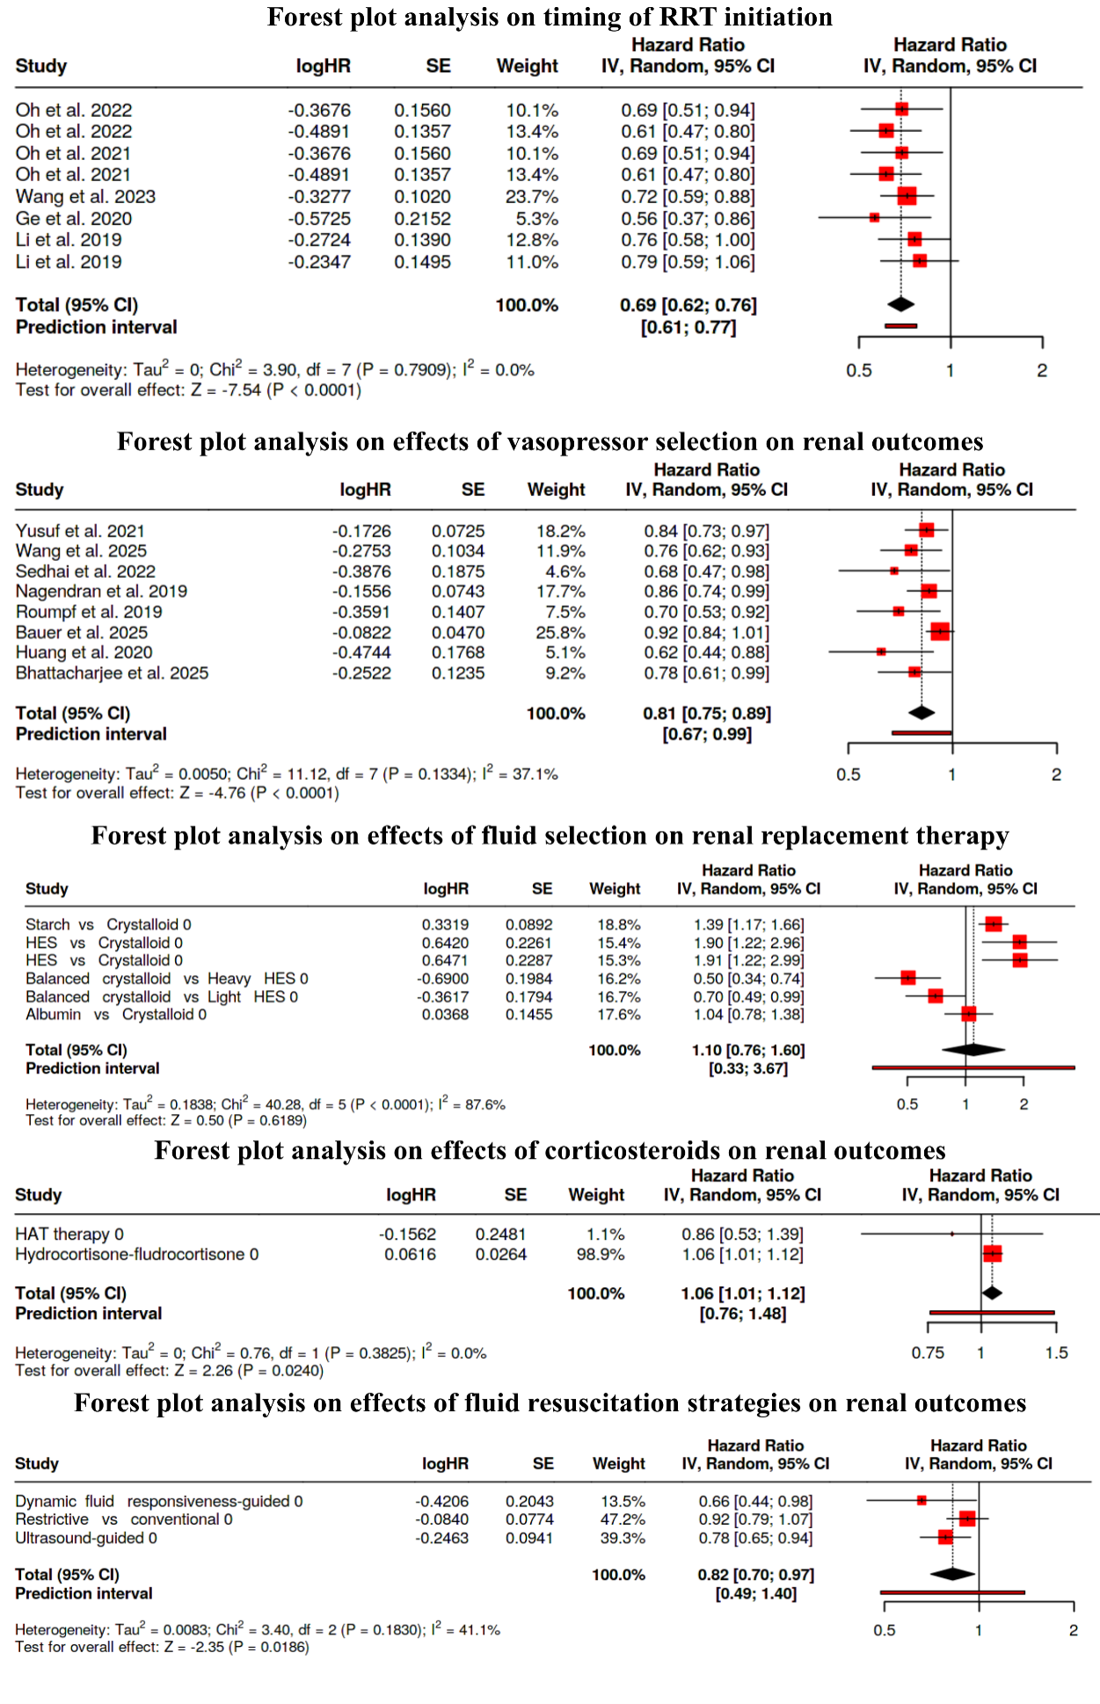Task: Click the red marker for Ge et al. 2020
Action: click(874, 217)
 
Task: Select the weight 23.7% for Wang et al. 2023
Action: click(532, 196)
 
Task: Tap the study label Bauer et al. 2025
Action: click(82, 632)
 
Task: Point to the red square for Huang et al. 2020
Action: click(881, 652)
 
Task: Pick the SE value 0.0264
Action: click(501, 1254)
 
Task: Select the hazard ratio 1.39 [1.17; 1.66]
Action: click(749, 924)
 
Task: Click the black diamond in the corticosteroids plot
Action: click(992, 1293)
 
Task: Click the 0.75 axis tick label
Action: click(928, 1352)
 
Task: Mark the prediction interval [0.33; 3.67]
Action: click(749, 1068)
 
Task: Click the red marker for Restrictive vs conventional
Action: click(967, 1518)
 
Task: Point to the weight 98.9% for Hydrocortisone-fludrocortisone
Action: click(601, 1254)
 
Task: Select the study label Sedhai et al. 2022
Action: click(85, 572)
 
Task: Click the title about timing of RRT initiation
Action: click(550, 17)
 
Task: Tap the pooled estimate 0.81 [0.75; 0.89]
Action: click(707, 713)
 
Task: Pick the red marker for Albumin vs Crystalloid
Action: click(968, 1014)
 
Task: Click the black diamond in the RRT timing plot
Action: click(901, 304)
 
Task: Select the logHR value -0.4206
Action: click(442, 1501)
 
